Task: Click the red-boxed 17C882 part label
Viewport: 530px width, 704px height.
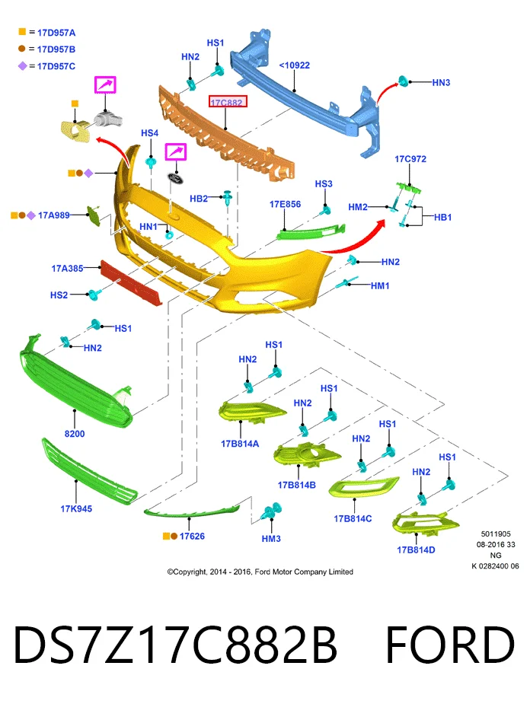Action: click(x=228, y=103)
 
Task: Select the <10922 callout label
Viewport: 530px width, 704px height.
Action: click(x=294, y=65)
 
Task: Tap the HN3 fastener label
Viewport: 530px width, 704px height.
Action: click(x=441, y=83)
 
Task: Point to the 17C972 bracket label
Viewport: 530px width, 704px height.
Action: click(x=410, y=159)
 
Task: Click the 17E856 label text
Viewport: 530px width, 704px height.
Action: click(x=286, y=204)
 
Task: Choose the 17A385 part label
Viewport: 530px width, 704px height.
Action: click(x=67, y=269)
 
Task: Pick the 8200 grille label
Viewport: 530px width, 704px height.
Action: click(x=75, y=434)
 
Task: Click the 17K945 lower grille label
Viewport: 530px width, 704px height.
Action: click(x=76, y=508)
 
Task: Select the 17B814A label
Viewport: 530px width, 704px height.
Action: click(x=240, y=444)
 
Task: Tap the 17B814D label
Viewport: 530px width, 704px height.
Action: click(x=416, y=550)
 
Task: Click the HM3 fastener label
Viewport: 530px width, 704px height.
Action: click(x=271, y=538)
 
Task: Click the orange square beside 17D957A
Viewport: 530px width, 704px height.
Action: click(x=22, y=31)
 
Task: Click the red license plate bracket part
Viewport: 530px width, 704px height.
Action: click(x=131, y=283)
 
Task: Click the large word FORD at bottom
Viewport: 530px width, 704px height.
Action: click(x=449, y=645)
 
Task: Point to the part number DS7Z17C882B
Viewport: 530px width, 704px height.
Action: click(x=175, y=645)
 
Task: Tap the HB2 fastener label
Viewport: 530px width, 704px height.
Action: click(x=199, y=199)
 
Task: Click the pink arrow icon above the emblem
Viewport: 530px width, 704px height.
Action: click(x=176, y=151)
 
